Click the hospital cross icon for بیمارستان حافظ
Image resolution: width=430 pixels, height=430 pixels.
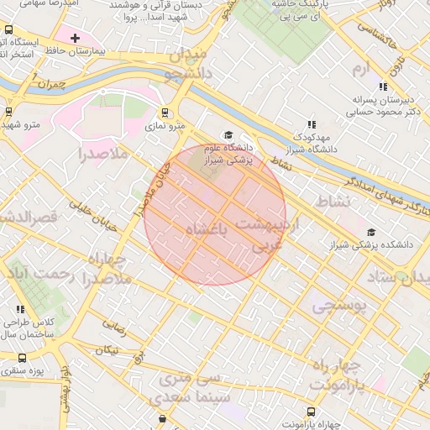pyautogui.click(x=76, y=38)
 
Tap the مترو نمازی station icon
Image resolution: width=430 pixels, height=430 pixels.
pyautogui.click(x=165, y=112)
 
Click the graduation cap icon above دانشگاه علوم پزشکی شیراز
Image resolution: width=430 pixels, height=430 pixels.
pyautogui.click(x=226, y=135)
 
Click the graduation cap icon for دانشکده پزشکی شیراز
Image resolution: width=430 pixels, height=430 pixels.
pyautogui.click(x=371, y=233)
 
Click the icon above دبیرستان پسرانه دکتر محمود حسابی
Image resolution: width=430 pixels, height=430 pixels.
pyautogui.click(x=383, y=87)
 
